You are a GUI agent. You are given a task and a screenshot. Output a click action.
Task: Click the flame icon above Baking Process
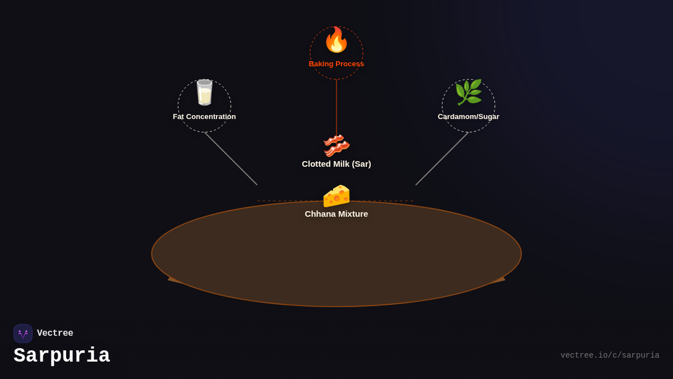point(336,40)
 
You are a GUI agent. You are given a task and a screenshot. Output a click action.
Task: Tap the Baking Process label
point(336,64)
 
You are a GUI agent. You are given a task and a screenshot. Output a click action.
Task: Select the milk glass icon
point(204,93)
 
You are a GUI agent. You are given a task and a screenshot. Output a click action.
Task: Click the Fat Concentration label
point(204,117)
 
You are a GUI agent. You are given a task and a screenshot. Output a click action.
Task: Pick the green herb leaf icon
point(468,93)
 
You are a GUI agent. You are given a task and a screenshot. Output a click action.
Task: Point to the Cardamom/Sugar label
point(468,117)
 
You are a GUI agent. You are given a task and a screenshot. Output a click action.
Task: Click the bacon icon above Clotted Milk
point(336,145)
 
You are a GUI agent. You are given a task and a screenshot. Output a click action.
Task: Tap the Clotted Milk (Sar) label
point(336,164)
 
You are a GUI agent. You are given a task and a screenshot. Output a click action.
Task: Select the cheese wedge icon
point(336,195)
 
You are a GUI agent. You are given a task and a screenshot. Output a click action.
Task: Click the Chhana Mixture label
point(336,214)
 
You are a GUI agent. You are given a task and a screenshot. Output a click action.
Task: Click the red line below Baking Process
point(336,107)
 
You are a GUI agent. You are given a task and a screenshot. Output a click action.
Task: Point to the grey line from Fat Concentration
point(231,159)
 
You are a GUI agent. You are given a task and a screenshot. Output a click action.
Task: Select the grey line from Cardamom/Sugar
point(442,159)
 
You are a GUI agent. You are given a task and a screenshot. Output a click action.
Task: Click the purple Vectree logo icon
point(23,334)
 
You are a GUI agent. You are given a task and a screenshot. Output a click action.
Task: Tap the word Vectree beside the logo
point(55,334)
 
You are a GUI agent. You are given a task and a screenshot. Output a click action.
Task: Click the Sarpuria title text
point(62,356)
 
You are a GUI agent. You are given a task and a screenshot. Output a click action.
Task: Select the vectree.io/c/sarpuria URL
point(610,355)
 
